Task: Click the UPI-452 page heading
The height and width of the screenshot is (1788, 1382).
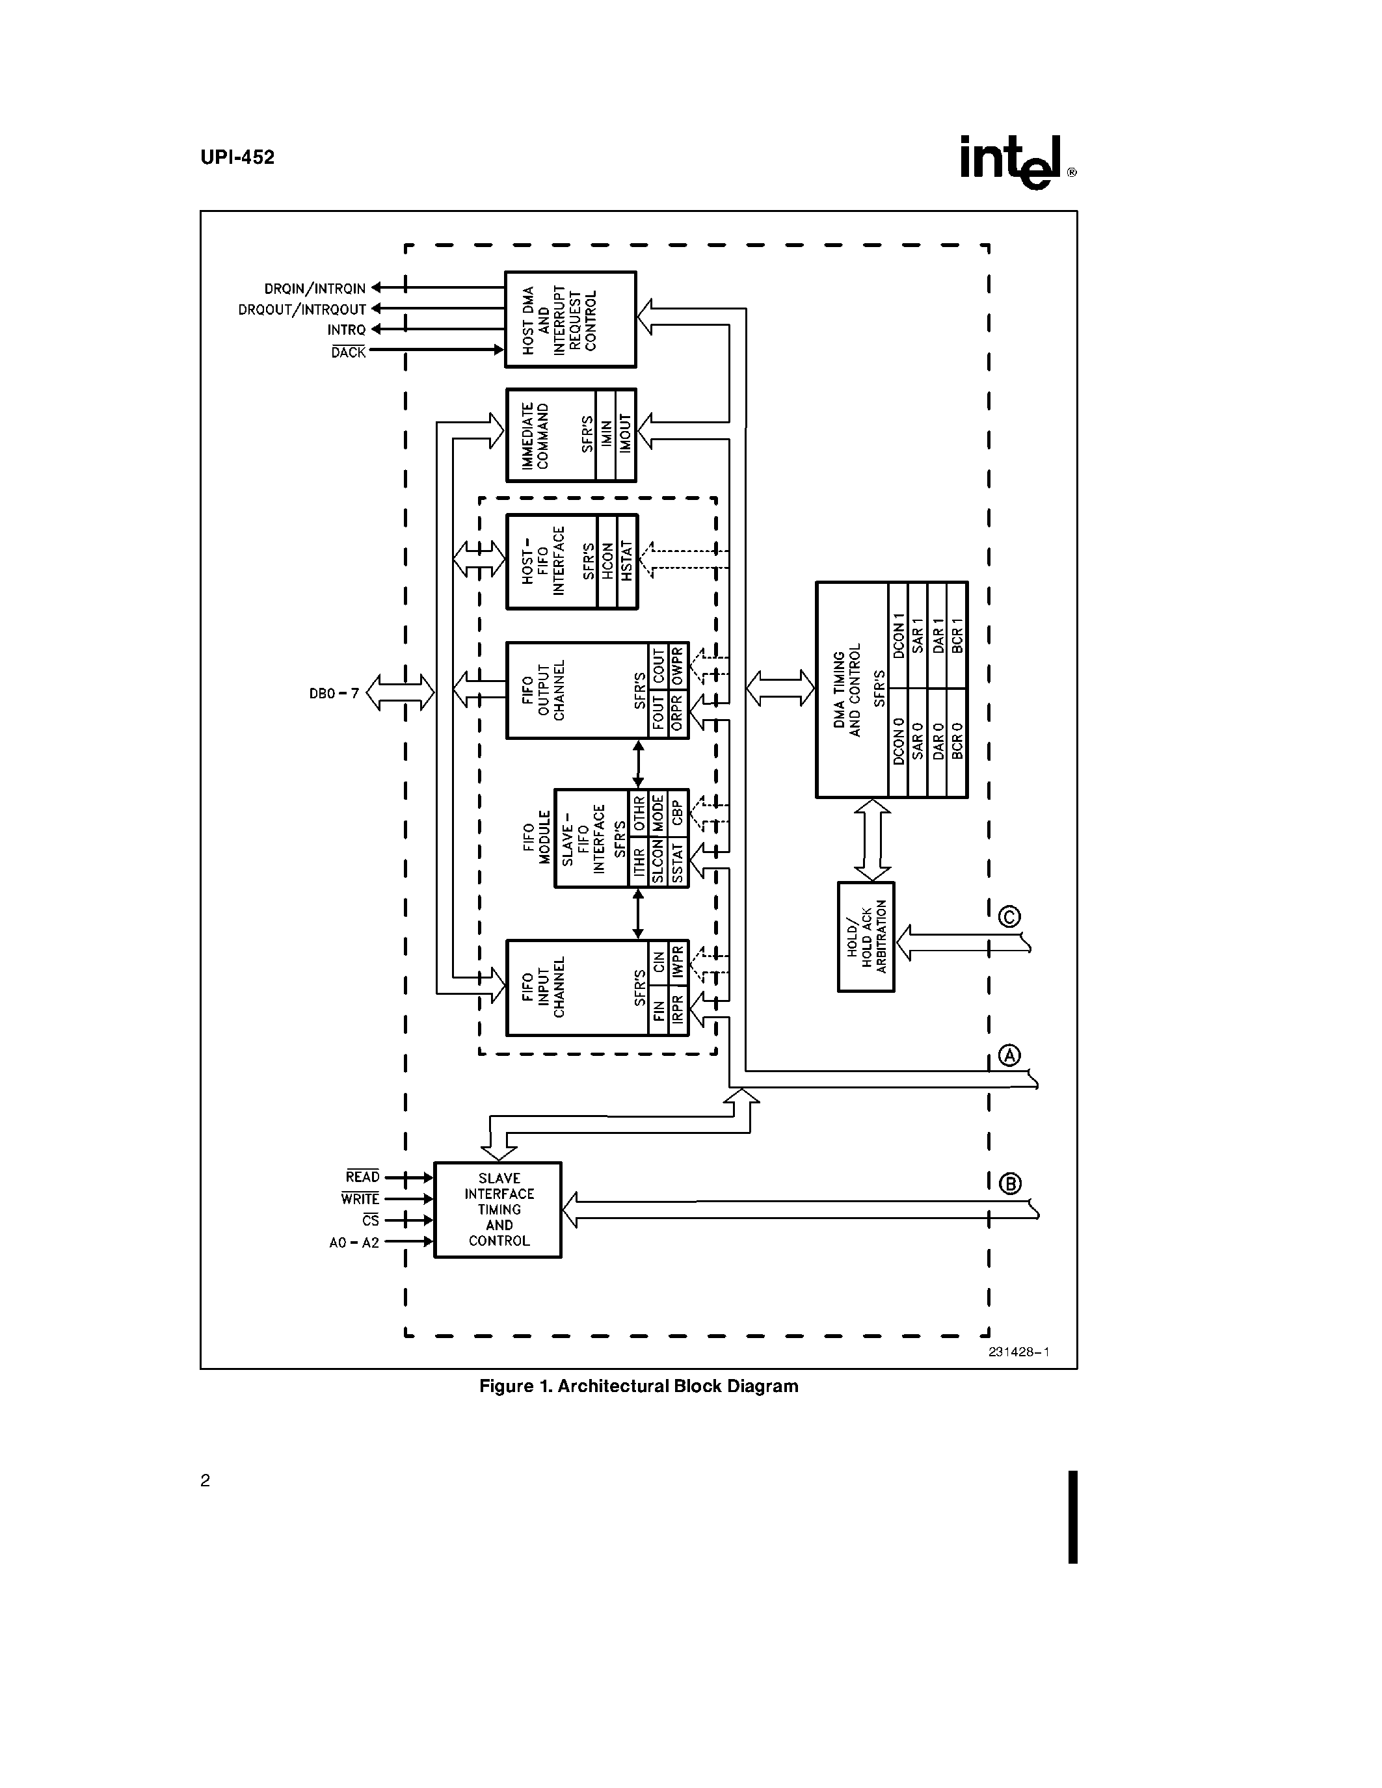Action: pyautogui.click(x=237, y=157)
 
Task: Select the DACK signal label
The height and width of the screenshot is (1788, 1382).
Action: pyautogui.click(x=348, y=352)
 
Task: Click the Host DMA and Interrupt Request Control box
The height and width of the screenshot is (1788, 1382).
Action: pyautogui.click(x=570, y=319)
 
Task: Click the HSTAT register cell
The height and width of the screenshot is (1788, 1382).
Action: pyautogui.click(x=627, y=562)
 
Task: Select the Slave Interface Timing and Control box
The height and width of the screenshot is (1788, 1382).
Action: pyautogui.click(x=498, y=1209)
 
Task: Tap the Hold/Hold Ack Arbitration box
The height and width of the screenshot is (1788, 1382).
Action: pyautogui.click(x=866, y=936)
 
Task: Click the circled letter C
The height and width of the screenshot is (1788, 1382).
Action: pyautogui.click(x=1010, y=916)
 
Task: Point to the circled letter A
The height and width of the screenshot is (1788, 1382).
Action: pyautogui.click(x=1010, y=1055)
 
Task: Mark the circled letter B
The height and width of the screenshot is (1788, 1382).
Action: pyautogui.click(x=1011, y=1184)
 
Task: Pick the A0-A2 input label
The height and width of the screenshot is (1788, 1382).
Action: pyautogui.click(x=354, y=1242)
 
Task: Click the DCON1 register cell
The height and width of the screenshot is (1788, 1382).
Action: pyautogui.click(x=898, y=635)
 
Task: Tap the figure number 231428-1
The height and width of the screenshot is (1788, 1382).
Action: pyautogui.click(x=1018, y=1352)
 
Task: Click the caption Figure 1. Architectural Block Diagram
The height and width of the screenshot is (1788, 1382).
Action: pyautogui.click(x=639, y=1386)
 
